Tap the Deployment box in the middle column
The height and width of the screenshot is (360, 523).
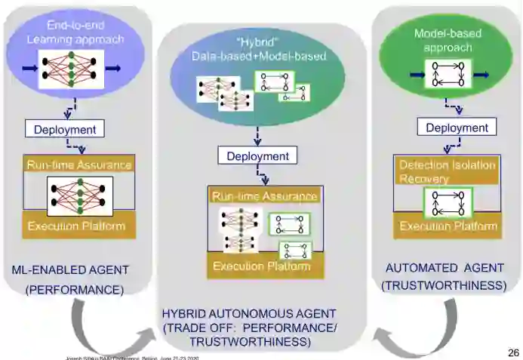click(x=257, y=156)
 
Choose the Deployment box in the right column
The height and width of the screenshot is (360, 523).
click(x=457, y=128)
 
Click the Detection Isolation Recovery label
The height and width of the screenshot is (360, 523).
click(x=447, y=172)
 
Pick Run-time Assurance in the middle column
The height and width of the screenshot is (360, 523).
click(x=265, y=196)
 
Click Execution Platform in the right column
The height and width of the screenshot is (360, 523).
click(x=448, y=226)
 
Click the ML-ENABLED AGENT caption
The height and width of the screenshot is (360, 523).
click(x=70, y=269)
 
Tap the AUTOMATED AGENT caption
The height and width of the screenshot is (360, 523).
click(x=441, y=267)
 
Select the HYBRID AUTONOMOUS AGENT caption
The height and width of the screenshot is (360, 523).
click(x=249, y=313)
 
